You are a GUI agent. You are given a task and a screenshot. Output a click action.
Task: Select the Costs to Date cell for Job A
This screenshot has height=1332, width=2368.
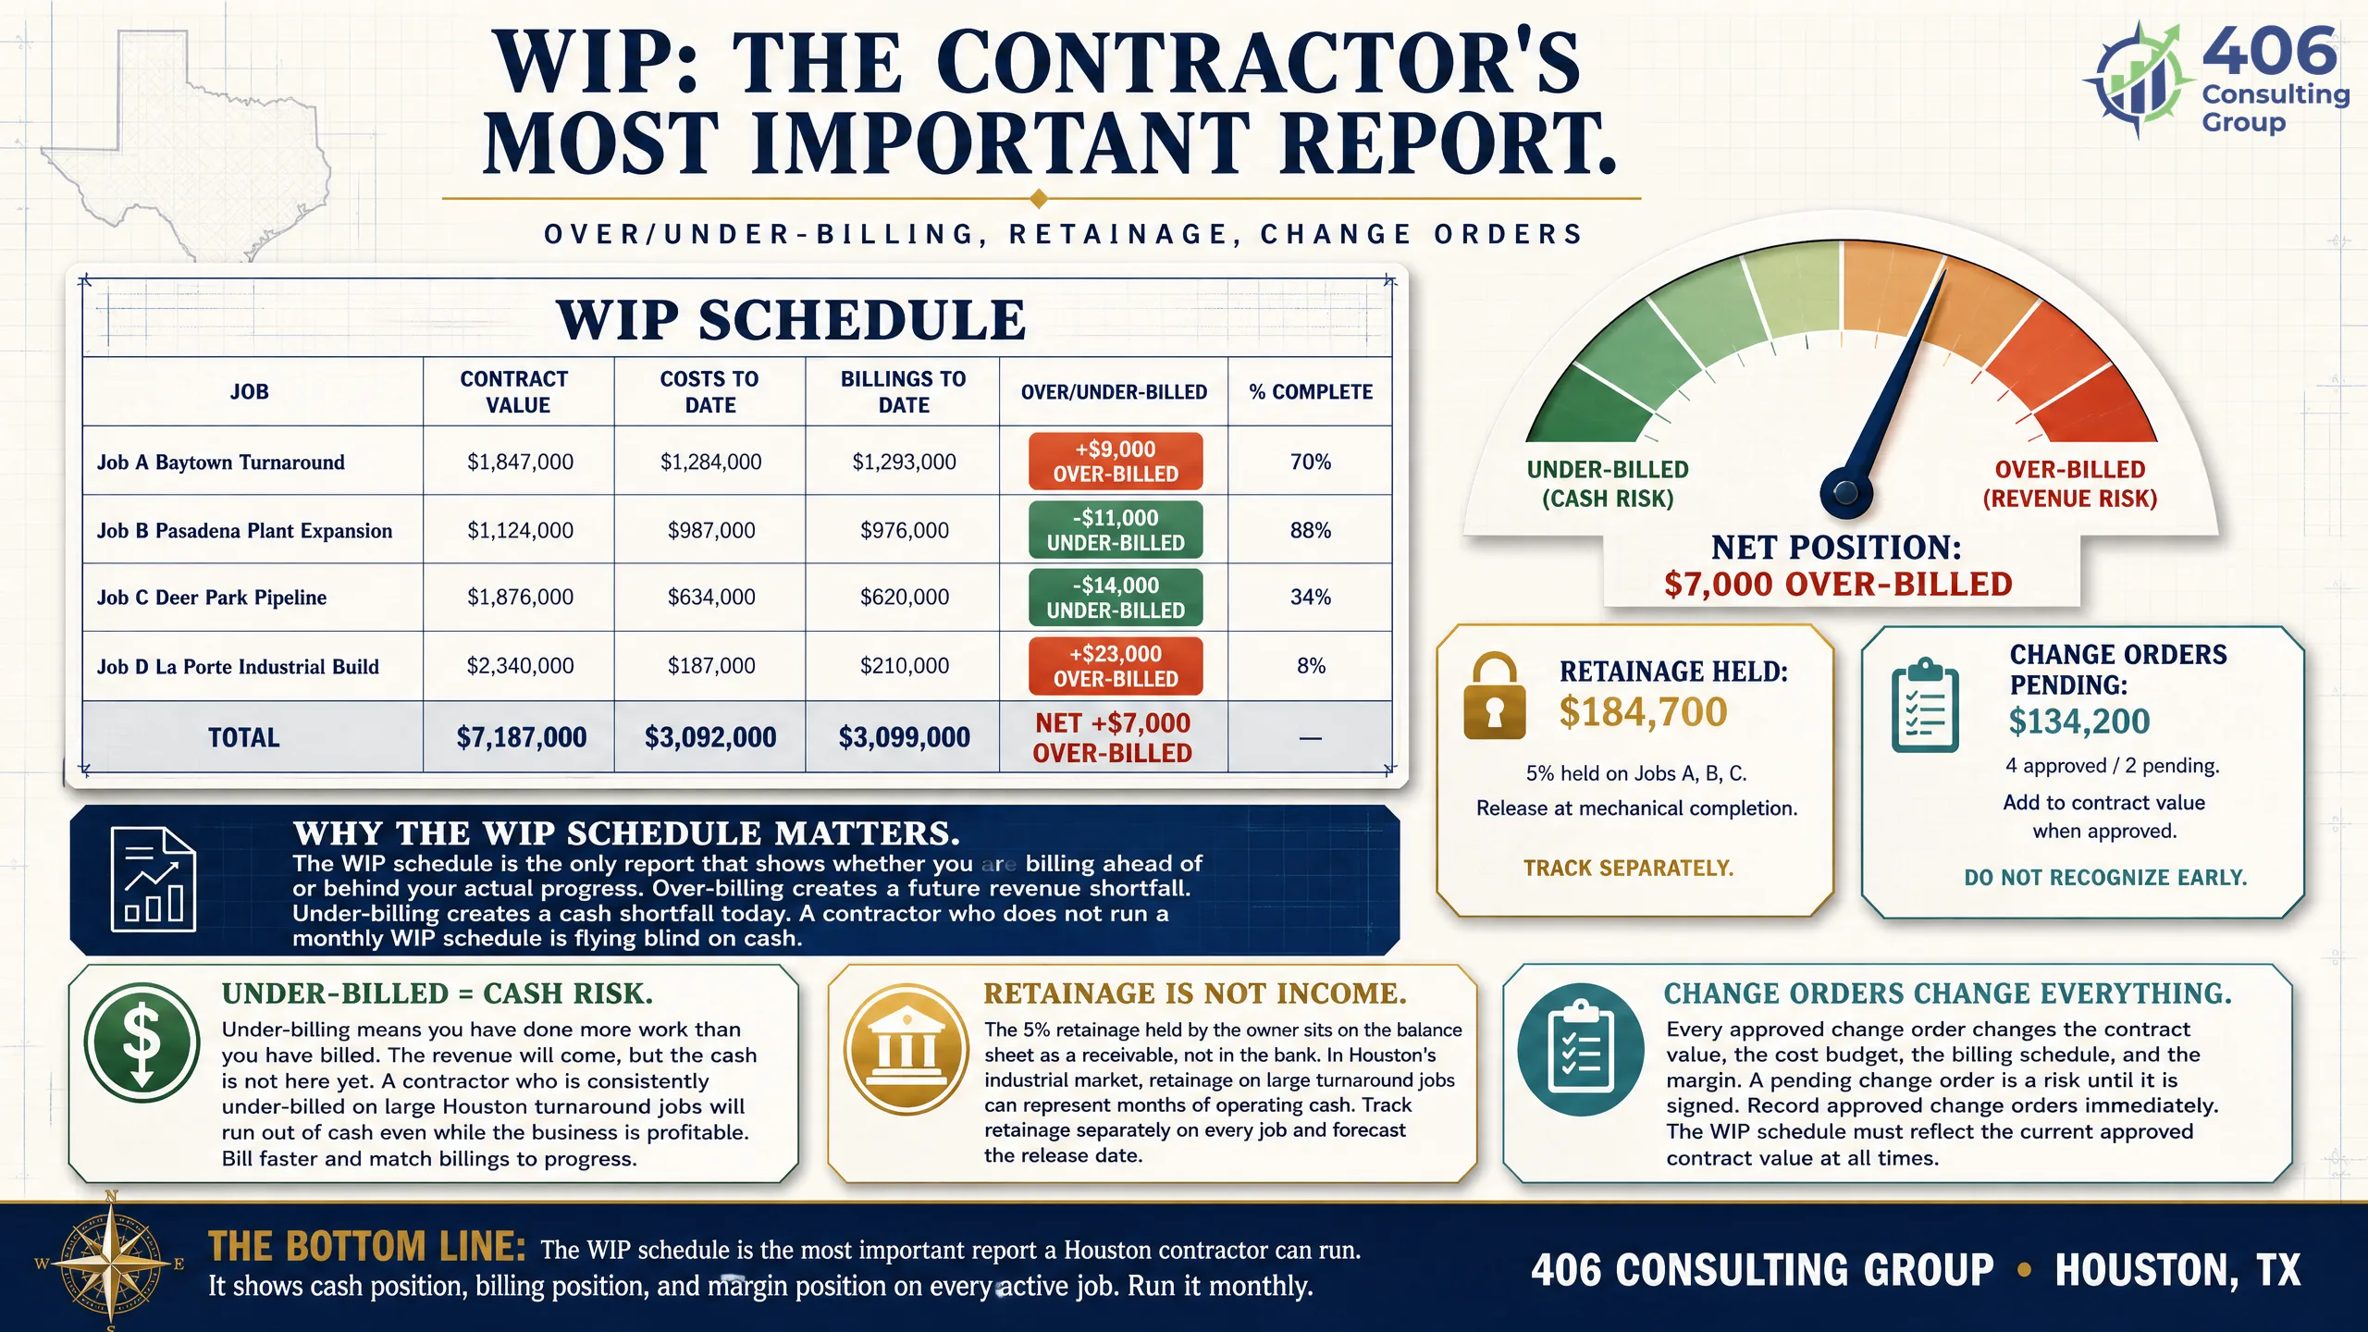(710, 462)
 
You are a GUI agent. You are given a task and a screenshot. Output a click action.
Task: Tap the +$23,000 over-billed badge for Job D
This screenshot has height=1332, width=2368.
(1116, 666)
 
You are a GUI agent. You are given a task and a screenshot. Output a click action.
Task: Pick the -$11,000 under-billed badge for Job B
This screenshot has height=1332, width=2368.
(1116, 530)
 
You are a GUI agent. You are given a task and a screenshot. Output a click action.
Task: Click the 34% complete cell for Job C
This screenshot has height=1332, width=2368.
(1311, 598)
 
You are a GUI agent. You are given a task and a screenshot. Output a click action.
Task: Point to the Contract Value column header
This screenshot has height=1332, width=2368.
(516, 392)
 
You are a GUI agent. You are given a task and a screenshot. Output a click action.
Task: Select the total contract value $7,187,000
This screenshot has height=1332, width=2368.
(522, 737)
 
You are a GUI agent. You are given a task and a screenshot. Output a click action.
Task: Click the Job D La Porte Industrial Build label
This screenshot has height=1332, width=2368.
(238, 667)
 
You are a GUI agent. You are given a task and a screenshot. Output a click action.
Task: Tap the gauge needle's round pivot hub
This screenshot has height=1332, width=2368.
(1845, 492)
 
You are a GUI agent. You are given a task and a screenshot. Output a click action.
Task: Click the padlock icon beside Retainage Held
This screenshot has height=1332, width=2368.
(1495, 696)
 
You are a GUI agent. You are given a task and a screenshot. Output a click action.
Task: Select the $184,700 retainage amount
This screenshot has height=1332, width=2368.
(1643, 712)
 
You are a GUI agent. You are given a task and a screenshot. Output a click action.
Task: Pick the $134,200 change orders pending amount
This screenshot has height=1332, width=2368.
(2078, 721)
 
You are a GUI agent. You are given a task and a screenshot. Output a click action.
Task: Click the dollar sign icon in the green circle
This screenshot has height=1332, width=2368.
(142, 1042)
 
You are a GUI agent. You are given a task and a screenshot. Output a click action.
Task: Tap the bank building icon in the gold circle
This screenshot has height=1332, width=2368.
(906, 1049)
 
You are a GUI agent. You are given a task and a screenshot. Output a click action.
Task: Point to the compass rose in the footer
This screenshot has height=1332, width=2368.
(111, 1263)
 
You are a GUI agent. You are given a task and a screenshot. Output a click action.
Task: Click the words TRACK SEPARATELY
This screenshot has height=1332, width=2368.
(1629, 868)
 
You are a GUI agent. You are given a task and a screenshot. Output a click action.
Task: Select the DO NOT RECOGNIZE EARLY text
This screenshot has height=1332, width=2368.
(2105, 877)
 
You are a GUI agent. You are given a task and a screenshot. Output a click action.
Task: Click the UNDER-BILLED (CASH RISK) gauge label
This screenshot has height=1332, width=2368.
(1608, 484)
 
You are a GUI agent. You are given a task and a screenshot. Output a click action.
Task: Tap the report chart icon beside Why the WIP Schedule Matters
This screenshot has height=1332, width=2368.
(153, 879)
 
